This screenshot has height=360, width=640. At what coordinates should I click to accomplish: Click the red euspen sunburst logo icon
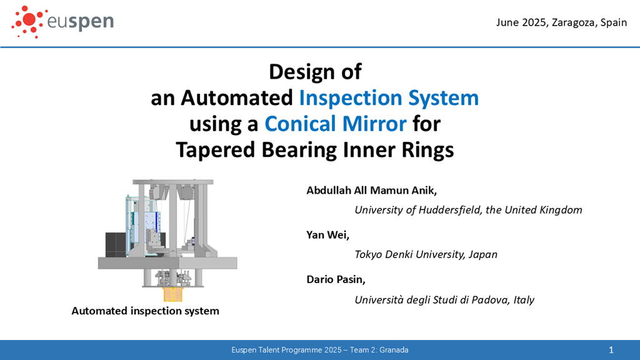27,22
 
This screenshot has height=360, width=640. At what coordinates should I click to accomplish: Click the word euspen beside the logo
81,22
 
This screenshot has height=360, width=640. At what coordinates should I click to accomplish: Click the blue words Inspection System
389,98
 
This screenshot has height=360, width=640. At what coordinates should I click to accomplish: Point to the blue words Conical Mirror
336,124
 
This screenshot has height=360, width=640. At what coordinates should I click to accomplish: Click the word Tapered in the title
216,150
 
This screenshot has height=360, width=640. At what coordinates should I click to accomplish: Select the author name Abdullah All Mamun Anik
371,191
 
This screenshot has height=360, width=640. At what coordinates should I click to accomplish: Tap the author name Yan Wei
327,235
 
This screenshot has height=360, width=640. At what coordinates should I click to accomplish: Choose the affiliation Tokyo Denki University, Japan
426,254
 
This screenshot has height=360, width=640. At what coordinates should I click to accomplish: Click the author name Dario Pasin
336,279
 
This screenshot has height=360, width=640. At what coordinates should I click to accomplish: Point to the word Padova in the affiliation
490,300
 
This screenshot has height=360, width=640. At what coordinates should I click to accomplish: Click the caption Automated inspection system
145,311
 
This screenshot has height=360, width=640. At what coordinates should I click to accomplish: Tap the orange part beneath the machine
172,294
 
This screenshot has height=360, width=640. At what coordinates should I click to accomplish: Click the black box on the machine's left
116,245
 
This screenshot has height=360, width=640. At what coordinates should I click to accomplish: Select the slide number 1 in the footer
611,350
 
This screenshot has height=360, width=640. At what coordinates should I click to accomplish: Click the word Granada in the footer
394,350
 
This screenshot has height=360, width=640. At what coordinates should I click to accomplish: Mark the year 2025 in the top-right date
534,22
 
